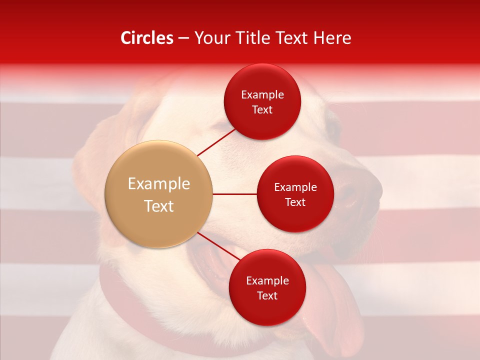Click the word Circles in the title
click(147, 38)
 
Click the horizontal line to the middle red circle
click(235, 194)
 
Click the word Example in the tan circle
click(159, 184)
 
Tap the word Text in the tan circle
click(159, 206)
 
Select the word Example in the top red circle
click(262, 95)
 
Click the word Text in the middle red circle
click(295, 202)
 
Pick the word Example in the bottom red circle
click(267, 281)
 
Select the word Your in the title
click(208, 38)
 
